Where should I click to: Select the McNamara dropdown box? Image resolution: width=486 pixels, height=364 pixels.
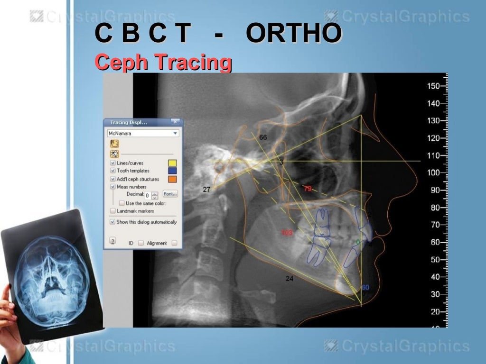[143, 133]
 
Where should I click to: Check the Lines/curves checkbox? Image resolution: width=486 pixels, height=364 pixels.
[113, 163]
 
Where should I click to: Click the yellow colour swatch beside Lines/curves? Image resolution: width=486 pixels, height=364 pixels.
[173, 163]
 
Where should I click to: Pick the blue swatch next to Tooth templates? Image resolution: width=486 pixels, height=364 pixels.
[173, 171]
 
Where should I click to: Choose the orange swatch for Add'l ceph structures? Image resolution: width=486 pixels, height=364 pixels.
[173, 179]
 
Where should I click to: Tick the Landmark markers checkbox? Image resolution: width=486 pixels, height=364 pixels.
[113, 210]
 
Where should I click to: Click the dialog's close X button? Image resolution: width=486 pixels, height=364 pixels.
[175, 122]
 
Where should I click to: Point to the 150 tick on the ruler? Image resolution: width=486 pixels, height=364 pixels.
[433, 86]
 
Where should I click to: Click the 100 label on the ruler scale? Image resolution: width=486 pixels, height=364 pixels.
[433, 173]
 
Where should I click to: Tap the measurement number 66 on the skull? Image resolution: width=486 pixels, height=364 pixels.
[263, 137]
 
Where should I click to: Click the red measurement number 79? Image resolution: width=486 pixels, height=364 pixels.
[308, 189]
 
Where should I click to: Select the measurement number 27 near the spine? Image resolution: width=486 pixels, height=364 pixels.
[206, 190]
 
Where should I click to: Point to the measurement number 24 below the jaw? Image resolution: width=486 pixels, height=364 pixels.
[290, 279]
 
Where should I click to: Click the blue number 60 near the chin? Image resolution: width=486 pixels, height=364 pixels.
[365, 287]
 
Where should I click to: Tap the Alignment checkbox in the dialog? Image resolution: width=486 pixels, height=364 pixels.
[174, 243]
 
